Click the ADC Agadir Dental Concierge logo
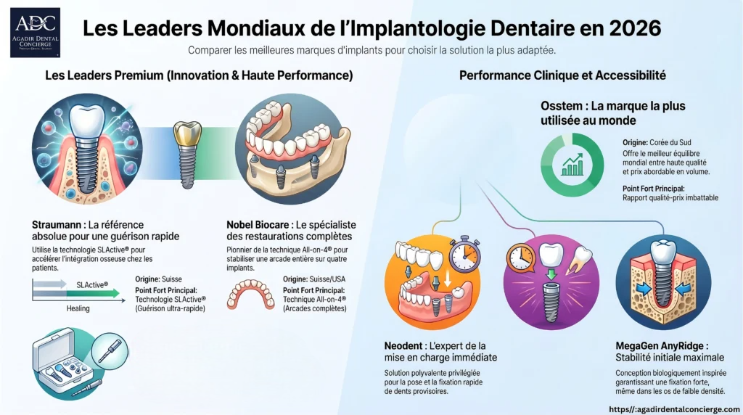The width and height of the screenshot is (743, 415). point(35,33)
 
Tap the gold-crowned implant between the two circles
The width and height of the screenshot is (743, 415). point(188,155)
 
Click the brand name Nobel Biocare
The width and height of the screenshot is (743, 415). point(258,225)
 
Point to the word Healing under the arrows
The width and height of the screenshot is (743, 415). point(78,308)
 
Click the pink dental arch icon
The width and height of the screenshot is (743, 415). point(250,294)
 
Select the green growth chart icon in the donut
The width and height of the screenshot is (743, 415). point(572,165)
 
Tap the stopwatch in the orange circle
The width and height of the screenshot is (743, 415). point(464,254)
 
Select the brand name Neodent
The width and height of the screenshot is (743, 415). point(403,346)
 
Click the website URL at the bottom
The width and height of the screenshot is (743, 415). point(674,409)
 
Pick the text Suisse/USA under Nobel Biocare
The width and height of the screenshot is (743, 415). point(327,279)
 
